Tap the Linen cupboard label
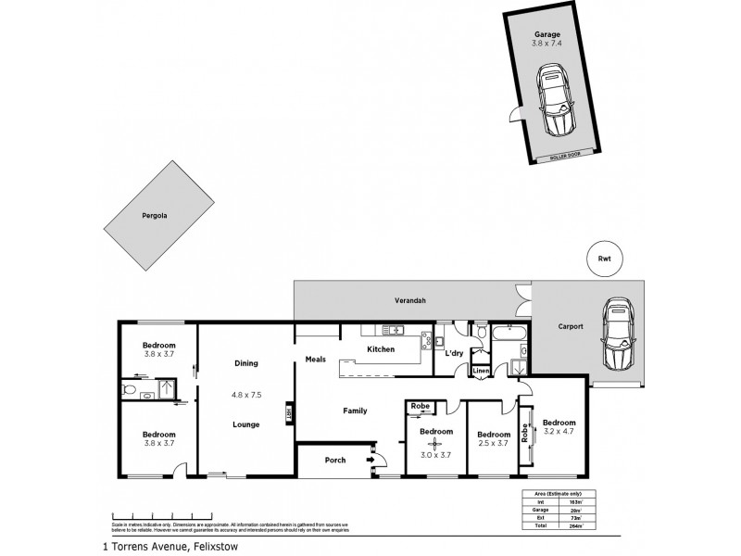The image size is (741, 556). (x=481, y=372)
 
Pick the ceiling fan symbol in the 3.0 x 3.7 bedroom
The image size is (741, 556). (x=435, y=444)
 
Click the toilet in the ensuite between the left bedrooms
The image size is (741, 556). (x=132, y=393)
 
